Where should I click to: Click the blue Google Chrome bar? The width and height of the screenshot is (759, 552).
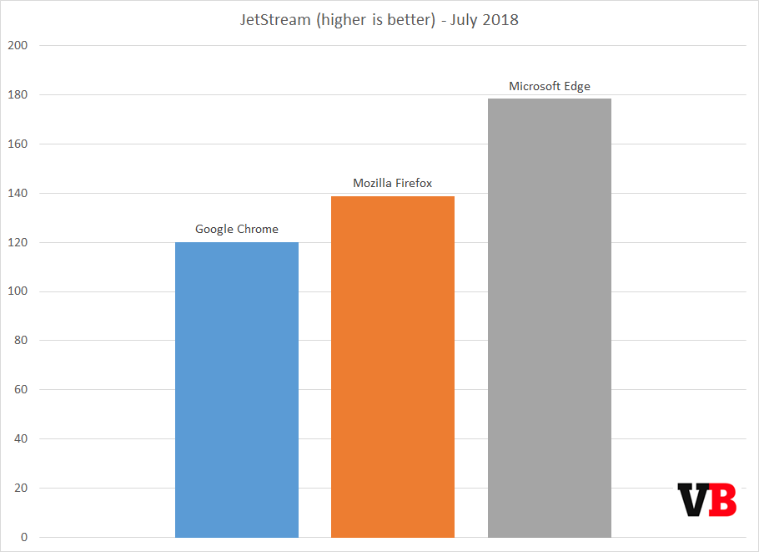237,389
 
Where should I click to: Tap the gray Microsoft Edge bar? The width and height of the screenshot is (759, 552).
549,317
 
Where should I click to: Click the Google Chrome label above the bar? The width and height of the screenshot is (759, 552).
237,229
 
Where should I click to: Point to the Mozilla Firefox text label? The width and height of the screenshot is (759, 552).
393,183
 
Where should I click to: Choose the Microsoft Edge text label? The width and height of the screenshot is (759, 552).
549,86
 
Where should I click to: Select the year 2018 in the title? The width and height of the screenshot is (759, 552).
500,20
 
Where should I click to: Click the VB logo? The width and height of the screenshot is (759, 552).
706,499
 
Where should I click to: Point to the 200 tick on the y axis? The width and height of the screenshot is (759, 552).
18,46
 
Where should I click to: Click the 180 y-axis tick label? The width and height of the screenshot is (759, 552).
18,95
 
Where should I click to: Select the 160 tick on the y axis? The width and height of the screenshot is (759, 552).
18,144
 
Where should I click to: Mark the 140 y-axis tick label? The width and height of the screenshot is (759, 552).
18,194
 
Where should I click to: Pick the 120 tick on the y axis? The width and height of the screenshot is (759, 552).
18,243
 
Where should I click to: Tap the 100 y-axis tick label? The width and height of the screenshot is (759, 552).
18,291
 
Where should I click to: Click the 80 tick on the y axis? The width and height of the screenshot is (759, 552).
20,341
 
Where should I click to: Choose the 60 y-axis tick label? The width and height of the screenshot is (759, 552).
20,390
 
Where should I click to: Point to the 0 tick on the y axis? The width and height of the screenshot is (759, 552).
24,538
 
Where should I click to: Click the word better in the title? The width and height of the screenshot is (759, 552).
403,20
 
